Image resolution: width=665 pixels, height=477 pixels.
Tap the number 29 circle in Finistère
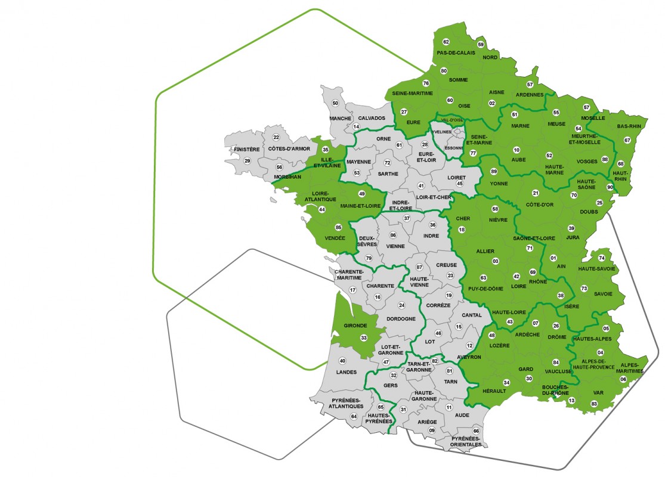[x=247, y=161]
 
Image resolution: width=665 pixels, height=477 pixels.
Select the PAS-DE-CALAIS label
[x=456, y=52]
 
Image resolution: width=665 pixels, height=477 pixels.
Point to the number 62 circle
[x=446, y=42]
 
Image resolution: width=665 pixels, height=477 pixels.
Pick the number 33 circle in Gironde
[x=364, y=338]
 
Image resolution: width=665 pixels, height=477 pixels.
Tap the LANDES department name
[x=347, y=372]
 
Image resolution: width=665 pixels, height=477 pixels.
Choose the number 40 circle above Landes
[x=342, y=361]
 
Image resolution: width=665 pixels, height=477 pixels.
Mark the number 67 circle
[x=627, y=140]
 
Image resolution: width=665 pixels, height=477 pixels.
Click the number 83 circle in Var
[x=594, y=404]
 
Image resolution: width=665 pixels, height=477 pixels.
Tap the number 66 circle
[x=476, y=430]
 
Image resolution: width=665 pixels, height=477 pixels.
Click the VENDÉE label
[x=335, y=238]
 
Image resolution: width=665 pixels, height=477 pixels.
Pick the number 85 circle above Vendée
[x=339, y=227]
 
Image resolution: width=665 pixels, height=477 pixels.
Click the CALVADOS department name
[x=372, y=118]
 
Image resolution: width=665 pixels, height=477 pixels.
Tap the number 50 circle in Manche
[x=335, y=103]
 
